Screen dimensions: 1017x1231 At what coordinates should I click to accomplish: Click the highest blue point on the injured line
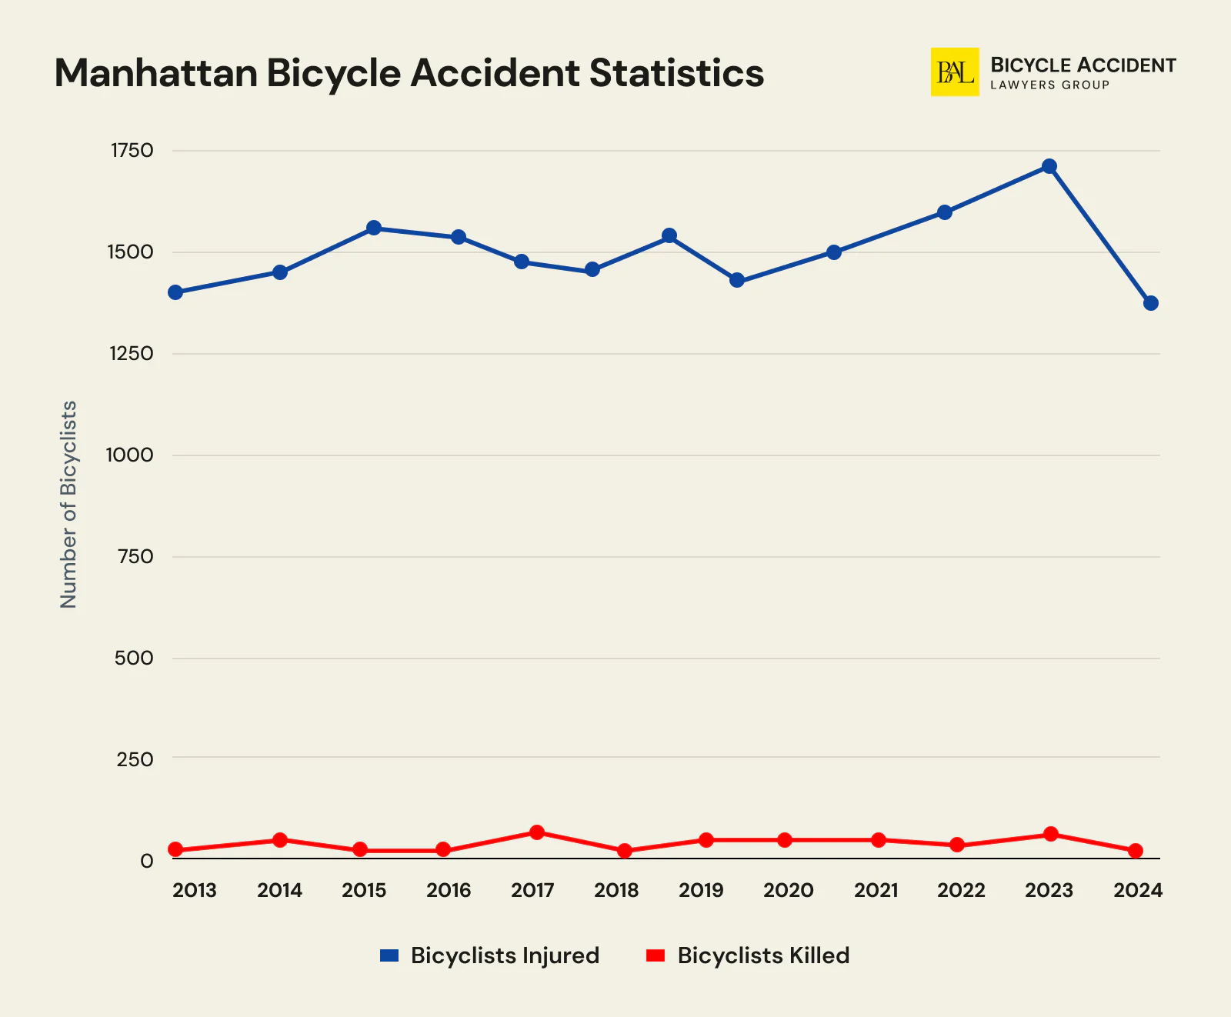[x=1049, y=166]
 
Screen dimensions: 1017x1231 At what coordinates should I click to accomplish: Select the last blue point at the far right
[x=1150, y=303]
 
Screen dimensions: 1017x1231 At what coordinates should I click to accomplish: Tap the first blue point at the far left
[x=175, y=292]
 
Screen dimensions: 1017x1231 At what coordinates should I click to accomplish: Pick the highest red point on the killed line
[x=537, y=832]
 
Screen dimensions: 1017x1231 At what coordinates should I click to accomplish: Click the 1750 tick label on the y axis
[x=132, y=151]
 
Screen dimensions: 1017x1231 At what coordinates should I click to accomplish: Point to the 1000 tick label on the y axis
[x=129, y=455]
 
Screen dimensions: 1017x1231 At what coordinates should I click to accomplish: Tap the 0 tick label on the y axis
[x=146, y=861]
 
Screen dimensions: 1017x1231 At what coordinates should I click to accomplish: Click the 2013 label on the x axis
[x=194, y=891]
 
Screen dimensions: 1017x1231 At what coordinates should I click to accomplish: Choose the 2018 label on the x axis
[x=616, y=891]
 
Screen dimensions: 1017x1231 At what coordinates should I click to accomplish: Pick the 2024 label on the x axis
[x=1138, y=891]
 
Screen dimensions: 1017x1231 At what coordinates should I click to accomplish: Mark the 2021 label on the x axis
[x=876, y=891]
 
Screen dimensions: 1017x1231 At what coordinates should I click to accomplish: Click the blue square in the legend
[x=389, y=955]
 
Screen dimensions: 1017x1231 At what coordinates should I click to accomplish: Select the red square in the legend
[x=655, y=955]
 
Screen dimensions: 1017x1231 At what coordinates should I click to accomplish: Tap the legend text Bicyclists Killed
[x=763, y=955]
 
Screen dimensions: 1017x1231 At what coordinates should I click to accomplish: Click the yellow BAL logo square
[x=955, y=72]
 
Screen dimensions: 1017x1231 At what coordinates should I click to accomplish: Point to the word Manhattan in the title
[x=155, y=74]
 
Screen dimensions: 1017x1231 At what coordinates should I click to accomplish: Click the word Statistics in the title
[x=677, y=74]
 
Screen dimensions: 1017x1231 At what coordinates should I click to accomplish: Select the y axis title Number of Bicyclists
[x=68, y=505]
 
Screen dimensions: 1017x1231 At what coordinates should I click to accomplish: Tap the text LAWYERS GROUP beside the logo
[x=1049, y=85]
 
